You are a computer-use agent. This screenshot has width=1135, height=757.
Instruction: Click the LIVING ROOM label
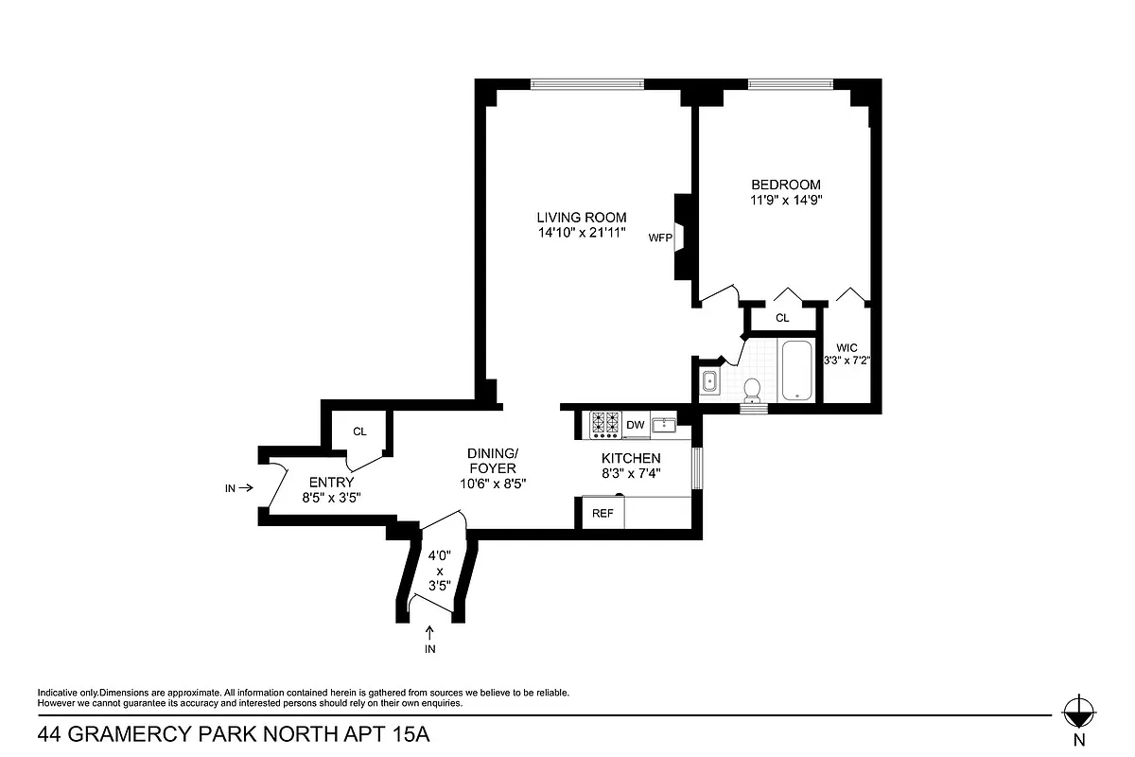coord(582,218)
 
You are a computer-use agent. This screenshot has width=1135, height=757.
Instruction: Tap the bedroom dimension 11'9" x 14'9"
coord(786,201)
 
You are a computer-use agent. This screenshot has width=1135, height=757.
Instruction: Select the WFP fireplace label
coord(659,238)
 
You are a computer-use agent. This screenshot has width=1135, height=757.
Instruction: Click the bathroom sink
coord(709,381)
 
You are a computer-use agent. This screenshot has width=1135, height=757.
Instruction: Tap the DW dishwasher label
coord(635,425)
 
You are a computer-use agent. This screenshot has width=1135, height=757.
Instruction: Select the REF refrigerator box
coord(602,513)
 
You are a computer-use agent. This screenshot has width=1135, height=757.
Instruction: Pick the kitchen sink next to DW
coord(665,425)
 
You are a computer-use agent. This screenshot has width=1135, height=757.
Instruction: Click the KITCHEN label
coord(631,458)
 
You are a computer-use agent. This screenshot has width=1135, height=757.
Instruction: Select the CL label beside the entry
coord(359,431)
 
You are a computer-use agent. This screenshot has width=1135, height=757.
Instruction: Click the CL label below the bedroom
coord(782,318)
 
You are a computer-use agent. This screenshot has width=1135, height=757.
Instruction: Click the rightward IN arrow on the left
coord(244,488)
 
